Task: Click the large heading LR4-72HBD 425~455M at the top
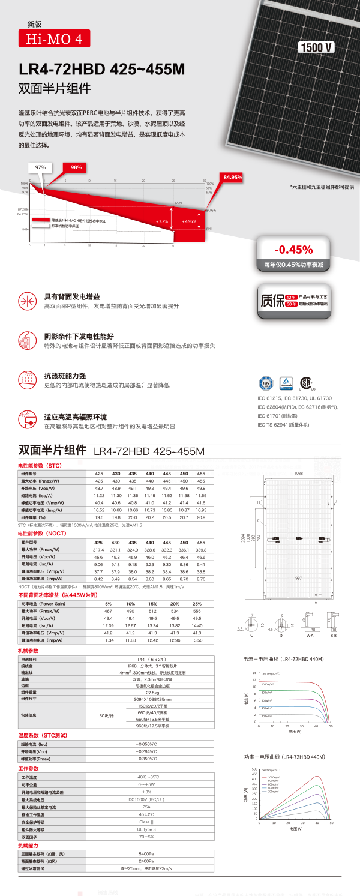[102, 70]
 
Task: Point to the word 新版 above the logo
[35, 25]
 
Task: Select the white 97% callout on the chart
[41, 167]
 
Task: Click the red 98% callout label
[76, 167]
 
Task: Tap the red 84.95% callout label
[232, 178]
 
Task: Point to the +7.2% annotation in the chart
[163, 221]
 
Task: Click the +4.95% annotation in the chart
[189, 221]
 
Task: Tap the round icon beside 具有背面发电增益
[27, 301]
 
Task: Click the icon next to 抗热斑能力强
[27, 379]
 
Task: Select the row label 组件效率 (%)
[37, 517]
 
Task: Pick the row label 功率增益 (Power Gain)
[45, 603]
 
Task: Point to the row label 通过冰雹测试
[37, 868]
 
